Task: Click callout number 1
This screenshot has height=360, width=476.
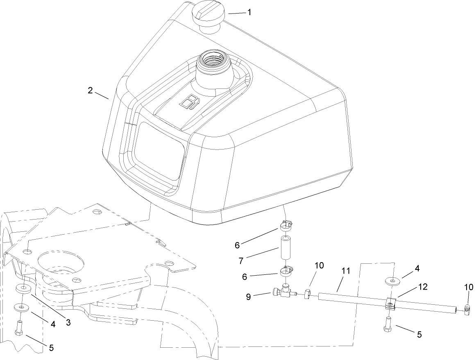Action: pos(249,12)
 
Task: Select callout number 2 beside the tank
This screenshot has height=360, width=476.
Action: pos(90,91)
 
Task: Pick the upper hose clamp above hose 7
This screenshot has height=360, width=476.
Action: pos(286,225)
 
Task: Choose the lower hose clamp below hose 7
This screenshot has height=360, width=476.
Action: pos(286,272)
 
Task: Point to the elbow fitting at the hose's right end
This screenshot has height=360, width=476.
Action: pos(466,313)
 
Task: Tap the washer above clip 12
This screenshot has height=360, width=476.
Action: pos(393,281)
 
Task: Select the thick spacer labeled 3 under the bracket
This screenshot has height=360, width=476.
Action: pos(23,289)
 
